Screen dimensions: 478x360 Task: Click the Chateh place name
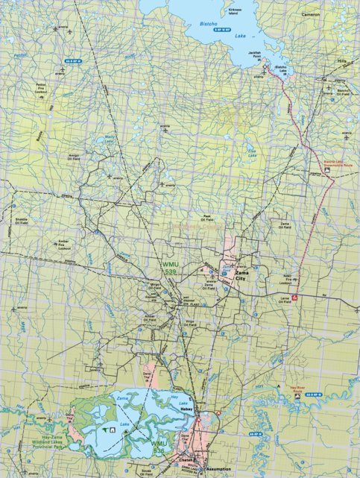click(x=187, y=460)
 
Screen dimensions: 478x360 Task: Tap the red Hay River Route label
click(x=297, y=389)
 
